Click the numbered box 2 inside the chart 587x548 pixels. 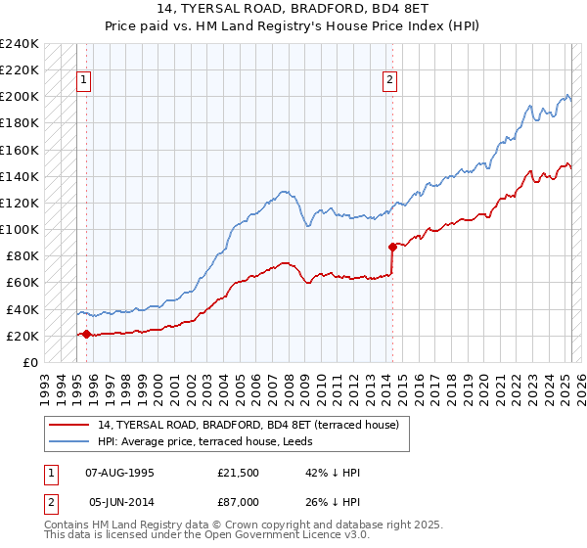389,80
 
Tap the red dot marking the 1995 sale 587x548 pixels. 86,334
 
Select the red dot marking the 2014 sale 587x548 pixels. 392,247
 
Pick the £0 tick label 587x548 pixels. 31,362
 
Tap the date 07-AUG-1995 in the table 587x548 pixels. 119,474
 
